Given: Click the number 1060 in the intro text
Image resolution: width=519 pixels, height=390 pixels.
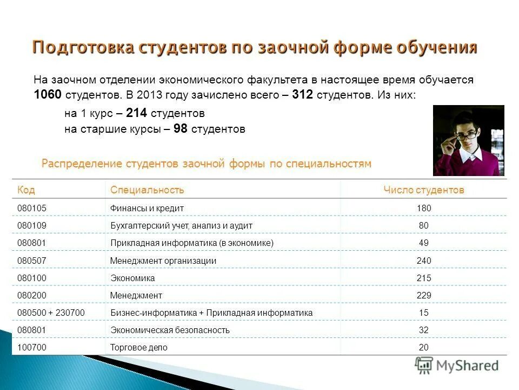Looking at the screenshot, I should pyautogui.click(x=48, y=95).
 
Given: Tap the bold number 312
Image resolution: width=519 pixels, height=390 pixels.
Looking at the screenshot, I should pyautogui.click(x=302, y=95).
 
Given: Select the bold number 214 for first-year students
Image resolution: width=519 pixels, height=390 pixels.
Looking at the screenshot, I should pyautogui.click(x=137, y=113).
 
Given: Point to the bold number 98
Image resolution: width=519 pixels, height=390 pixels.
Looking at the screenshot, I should pyautogui.click(x=181, y=129).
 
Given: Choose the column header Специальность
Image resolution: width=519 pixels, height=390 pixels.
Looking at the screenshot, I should pyautogui.click(x=147, y=190).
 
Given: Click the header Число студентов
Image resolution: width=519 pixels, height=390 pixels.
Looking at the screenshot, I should pyautogui.click(x=423, y=190).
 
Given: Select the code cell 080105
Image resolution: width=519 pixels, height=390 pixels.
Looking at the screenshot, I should pyautogui.click(x=32, y=208).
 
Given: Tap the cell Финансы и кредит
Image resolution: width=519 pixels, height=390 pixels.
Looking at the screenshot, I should pyautogui.click(x=147, y=208).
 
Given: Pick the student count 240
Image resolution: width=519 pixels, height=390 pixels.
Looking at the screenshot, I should pyautogui.click(x=424, y=261).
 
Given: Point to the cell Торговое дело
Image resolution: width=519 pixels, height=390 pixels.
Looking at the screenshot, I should pyautogui.click(x=139, y=347).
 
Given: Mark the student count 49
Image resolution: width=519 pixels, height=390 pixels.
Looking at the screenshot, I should pyautogui.click(x=424, y=243).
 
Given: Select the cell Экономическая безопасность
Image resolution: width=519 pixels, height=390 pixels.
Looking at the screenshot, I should pyautogui.click(x=170, y=330).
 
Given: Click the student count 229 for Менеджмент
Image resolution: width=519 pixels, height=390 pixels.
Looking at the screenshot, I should pyautogui.click(x=424, y=295).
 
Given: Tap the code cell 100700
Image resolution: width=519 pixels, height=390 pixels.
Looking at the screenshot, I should pyautogui.click(x=32, y=347).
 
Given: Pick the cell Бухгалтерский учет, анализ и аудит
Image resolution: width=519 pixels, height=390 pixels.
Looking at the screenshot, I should pyautogui.click(x=181, y=225).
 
